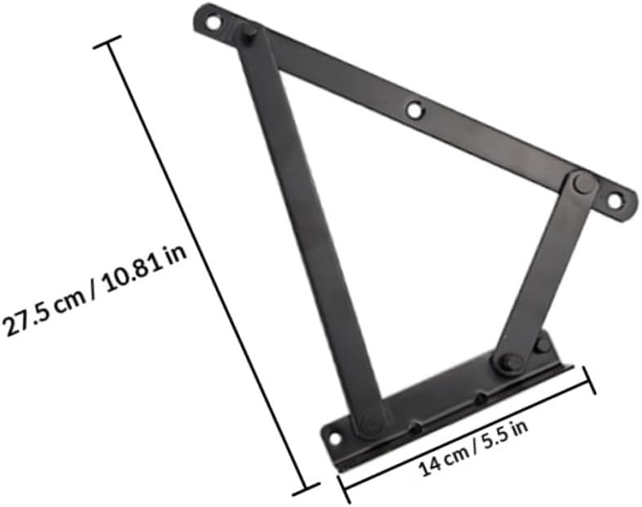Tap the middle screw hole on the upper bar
(x=415, y=108)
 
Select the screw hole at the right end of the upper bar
(x=614, y=200)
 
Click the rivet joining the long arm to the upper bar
(x=249, y=34)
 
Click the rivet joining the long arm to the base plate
(x=370, y=423)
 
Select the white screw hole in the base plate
(x=334, y=438)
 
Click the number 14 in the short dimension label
(x=429, y=469)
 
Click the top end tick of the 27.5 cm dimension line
(x=107, y=42)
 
